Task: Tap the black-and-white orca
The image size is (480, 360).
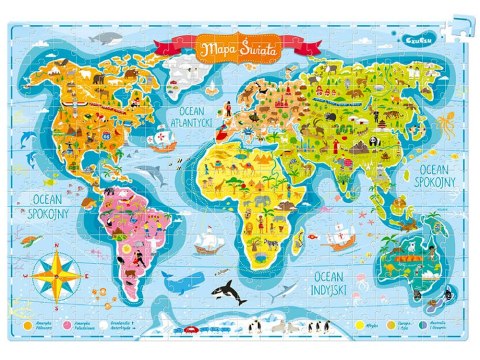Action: click(230, 292)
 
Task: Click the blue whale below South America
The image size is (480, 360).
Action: click(182, 282)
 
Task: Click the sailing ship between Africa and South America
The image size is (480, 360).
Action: click(208, 241)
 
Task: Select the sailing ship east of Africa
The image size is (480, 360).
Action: click(339, 237)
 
